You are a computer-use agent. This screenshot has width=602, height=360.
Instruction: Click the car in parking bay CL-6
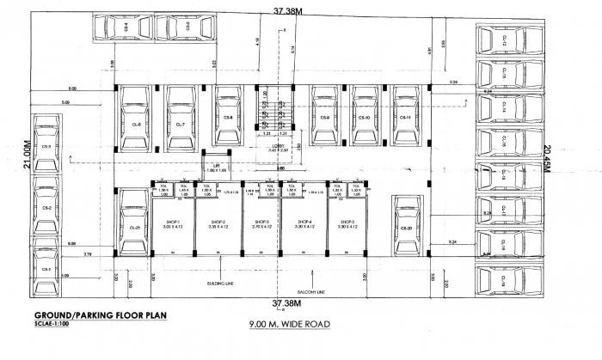135,125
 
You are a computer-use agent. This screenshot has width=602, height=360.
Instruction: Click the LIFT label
217,168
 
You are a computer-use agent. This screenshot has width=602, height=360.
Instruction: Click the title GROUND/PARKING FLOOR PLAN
95,315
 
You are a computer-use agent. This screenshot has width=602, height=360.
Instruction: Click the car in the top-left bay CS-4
127,28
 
